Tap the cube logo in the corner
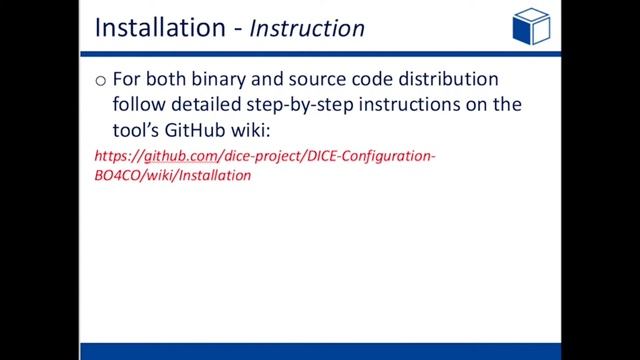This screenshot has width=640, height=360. [x=530, y=26]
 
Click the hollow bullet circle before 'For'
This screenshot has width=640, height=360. [x=100, y=80]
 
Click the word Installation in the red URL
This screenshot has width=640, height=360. [x=215, y=175]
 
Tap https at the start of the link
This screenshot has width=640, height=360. [x=112, y=157]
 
